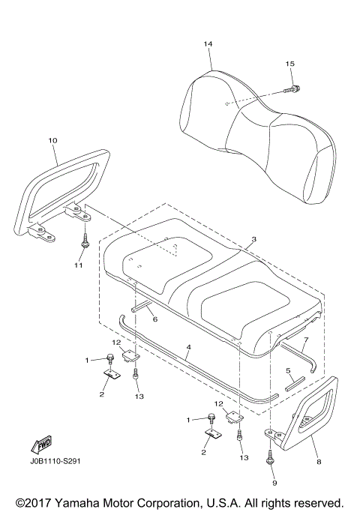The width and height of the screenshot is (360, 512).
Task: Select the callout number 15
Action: click(289, 64)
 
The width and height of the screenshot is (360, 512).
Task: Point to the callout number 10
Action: click(52, 140)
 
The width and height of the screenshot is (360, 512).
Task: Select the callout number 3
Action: click(254, 239)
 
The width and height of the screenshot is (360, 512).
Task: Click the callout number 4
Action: click(189, 347)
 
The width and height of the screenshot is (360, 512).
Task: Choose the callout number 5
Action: click(289, 370)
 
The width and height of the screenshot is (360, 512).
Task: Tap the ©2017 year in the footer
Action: click(32, 502)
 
